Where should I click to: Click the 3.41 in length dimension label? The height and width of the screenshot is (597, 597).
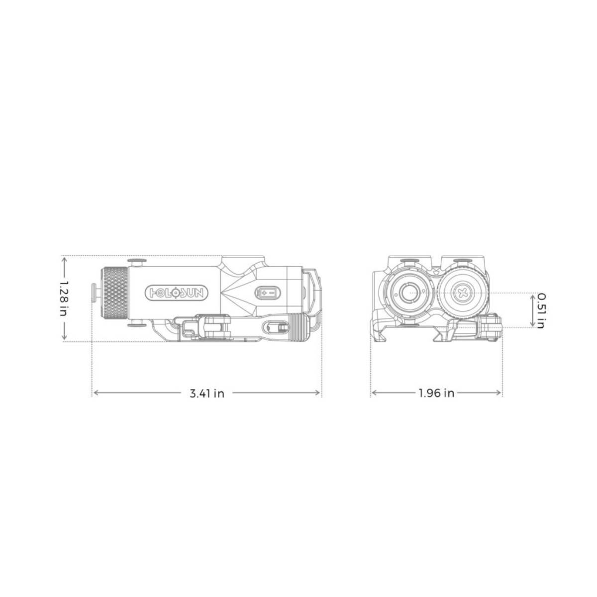206,394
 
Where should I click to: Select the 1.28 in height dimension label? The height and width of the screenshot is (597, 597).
64,298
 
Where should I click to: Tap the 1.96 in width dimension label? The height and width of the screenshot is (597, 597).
436,393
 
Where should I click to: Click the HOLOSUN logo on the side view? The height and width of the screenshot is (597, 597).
177,293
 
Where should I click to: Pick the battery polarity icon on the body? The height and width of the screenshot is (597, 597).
267,292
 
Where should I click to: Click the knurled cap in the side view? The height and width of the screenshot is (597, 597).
114,293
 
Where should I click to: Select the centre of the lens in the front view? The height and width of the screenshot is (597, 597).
409,293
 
